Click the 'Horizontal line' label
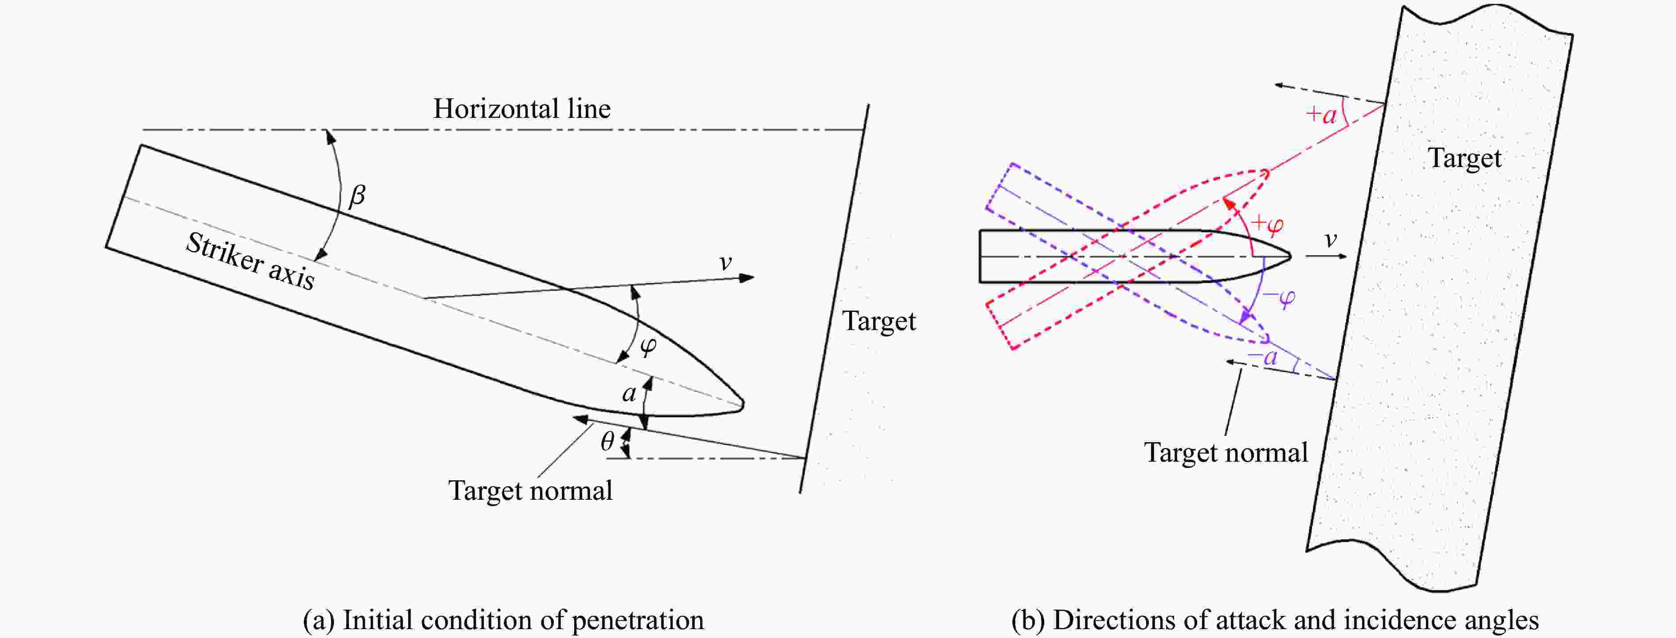(522, 109)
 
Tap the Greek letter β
(357, 195)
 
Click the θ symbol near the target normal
(607, 442)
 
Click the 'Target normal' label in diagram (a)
(530, 490)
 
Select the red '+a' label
(1321, 114)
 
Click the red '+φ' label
(1267, 224)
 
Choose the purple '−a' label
(1262, 356)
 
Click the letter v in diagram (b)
(1331, 240)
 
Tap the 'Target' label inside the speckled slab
(1465, 159)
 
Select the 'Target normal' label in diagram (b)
(1226, 453)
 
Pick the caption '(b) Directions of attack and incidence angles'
(1275, 620)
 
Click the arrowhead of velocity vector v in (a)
(748, 278)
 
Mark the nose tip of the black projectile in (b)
(1290, 256)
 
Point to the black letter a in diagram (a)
(629, 393)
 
